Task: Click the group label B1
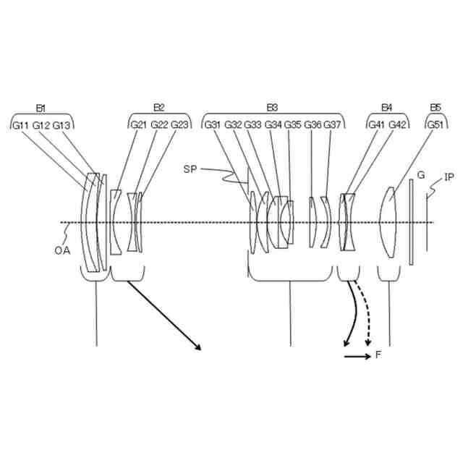(x=41, y=108)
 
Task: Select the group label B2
(x=159, y=108)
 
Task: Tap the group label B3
(x=272, y=108)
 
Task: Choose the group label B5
(x=435, y=108)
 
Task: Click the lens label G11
(x=21, y=124)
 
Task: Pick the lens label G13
(x=62, y=124)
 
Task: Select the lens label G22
(x=159, y=124)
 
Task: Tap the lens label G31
(x=213, y=124)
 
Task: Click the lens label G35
(x=293, y=124)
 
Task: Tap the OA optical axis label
(x=62, y=250)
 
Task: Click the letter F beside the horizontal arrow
(x=379, y=356)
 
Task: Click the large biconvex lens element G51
(x=388, y=222)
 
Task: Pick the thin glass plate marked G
(x=411, y=222)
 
